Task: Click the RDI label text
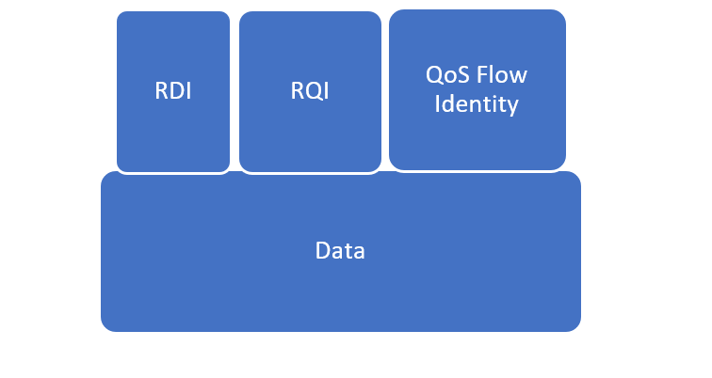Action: tap(173, 92)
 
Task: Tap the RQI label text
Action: tap(310, 92)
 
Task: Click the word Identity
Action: tap(477, 103)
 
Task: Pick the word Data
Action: tap(340, 251)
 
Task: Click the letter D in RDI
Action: tap(174, 92)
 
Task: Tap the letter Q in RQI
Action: tap(311, 92)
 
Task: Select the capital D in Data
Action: tap(322, 251)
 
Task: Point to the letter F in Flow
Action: tap(486, 75)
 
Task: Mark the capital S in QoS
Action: tap(464, 75)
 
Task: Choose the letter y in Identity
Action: tap(513, 105)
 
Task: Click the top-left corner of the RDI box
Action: tap(120, 14)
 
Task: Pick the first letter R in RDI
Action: tap(161, 92)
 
